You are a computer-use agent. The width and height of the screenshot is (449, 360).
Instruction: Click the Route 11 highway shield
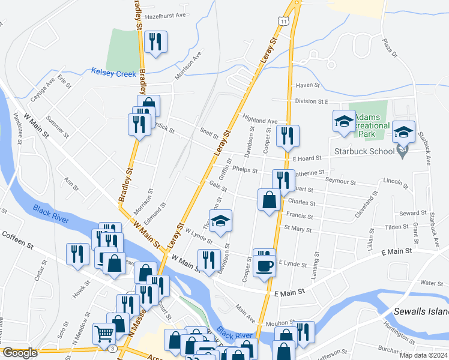click(x=282, y=20)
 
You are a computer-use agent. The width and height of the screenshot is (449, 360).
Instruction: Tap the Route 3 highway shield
click(x=112, y=348)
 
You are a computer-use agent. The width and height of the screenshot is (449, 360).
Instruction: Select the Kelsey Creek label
click(x=114, y=72)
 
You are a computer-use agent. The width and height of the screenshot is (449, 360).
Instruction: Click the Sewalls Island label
click(x=421, y=312)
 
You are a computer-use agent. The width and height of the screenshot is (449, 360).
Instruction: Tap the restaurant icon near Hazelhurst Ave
click(x=155, y=41)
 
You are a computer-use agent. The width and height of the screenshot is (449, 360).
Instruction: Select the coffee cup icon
click(x=264, y=265)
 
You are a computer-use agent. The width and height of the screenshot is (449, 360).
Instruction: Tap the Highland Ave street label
click(x=259, y=119)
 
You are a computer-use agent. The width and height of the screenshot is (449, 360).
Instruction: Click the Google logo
click(x=20, y=353)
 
